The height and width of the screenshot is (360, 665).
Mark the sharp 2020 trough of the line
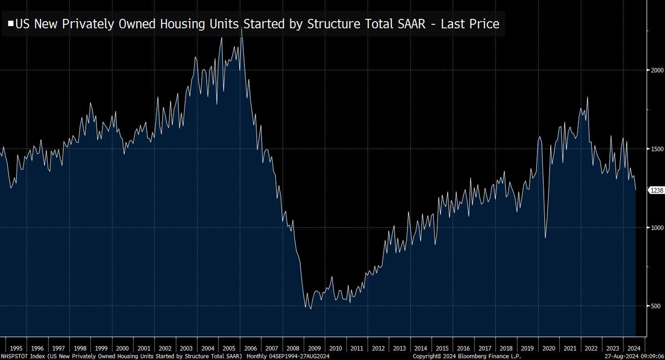[545, 238]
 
